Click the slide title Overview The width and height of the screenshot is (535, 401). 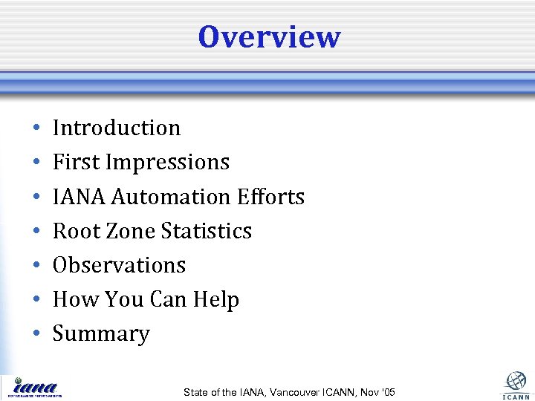tap(269, 37)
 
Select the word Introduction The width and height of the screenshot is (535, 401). tap(117, 128)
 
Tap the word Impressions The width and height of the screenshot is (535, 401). tap(169, 163)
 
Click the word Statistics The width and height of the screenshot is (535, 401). tap(207, 231)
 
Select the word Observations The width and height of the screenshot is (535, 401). tap(119, 265)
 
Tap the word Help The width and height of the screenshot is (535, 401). tap(215, 300)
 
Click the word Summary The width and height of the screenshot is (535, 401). tap(101, 334)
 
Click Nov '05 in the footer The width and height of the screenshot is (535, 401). tap(380, 392)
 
